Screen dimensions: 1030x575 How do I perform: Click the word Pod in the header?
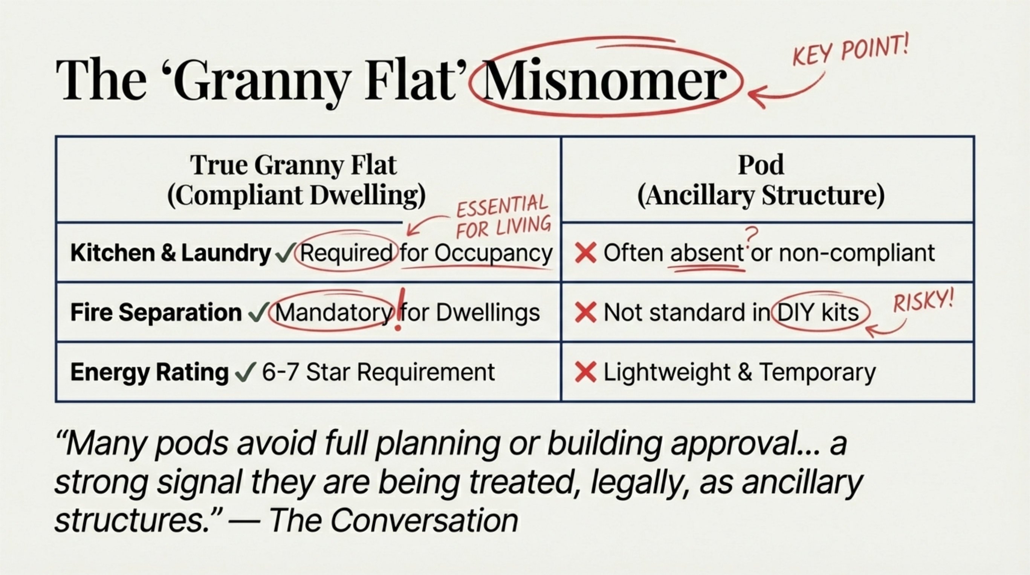tap(761, 164)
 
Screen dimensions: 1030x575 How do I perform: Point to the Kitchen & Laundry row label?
tap(171, 253)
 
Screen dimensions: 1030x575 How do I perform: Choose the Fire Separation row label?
tap(156, 312)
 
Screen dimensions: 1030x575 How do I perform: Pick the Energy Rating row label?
tap(149, 372)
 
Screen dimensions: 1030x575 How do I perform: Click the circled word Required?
tap(346, 253)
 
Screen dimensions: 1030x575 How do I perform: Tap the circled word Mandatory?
tap(333, 313)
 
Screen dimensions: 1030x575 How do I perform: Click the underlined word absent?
tap(707, 253)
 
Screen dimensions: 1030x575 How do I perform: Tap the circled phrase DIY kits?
tap(818, 313)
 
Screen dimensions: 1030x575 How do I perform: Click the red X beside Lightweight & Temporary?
tap(585, 372)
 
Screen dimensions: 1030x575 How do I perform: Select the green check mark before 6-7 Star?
tap(245, 372)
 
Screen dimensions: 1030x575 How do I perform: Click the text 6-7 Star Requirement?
tap(378, 372)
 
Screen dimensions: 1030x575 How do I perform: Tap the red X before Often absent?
tap(585, 253)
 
